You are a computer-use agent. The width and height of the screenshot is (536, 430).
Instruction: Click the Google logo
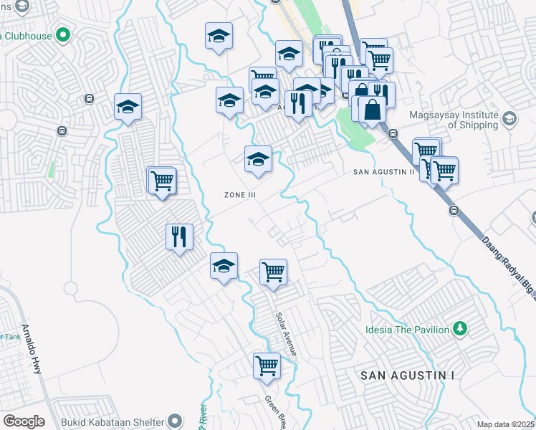(x=24, y=421)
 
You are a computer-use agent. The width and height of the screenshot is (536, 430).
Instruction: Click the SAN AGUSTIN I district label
(x=407, y=376)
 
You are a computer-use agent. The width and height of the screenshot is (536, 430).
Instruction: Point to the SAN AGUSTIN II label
(x=384, y=172)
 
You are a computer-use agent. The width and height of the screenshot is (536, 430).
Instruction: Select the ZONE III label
(x=240, y=195)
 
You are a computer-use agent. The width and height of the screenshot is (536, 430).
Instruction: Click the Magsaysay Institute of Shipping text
(x=454, y=119)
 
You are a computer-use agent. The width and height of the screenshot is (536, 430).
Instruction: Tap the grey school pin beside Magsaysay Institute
(x=509, y=118)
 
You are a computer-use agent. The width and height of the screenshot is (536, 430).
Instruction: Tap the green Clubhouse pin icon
(x=62, y=34)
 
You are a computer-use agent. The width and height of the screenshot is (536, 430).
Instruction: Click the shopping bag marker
(x=373, y=110)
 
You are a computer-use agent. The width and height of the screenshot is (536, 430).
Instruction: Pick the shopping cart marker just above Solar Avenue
(x=273, y=272)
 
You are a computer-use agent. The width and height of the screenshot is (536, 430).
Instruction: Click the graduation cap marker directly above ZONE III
(x=258, y=159)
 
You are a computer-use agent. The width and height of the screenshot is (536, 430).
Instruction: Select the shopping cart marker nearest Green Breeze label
(x=267, y=365)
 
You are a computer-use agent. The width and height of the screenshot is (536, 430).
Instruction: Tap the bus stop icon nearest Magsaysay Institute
(x=393, y=133)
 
